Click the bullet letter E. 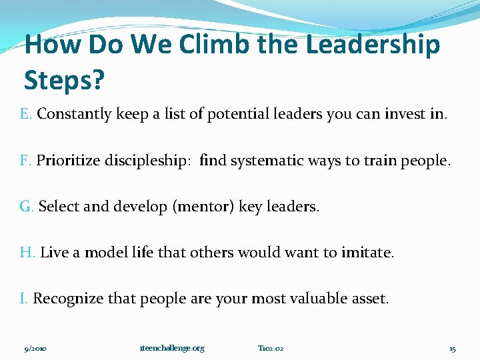point(25,114)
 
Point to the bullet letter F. point(25,161)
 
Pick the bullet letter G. point(27,207)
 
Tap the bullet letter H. point(27,253)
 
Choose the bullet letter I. point(23,299)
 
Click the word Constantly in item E point(74,114)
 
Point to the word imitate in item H point(367,253)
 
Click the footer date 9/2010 point(35,348)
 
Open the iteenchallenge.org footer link point(173,348)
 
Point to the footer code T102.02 point(271,348)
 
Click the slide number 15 point(452,348)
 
